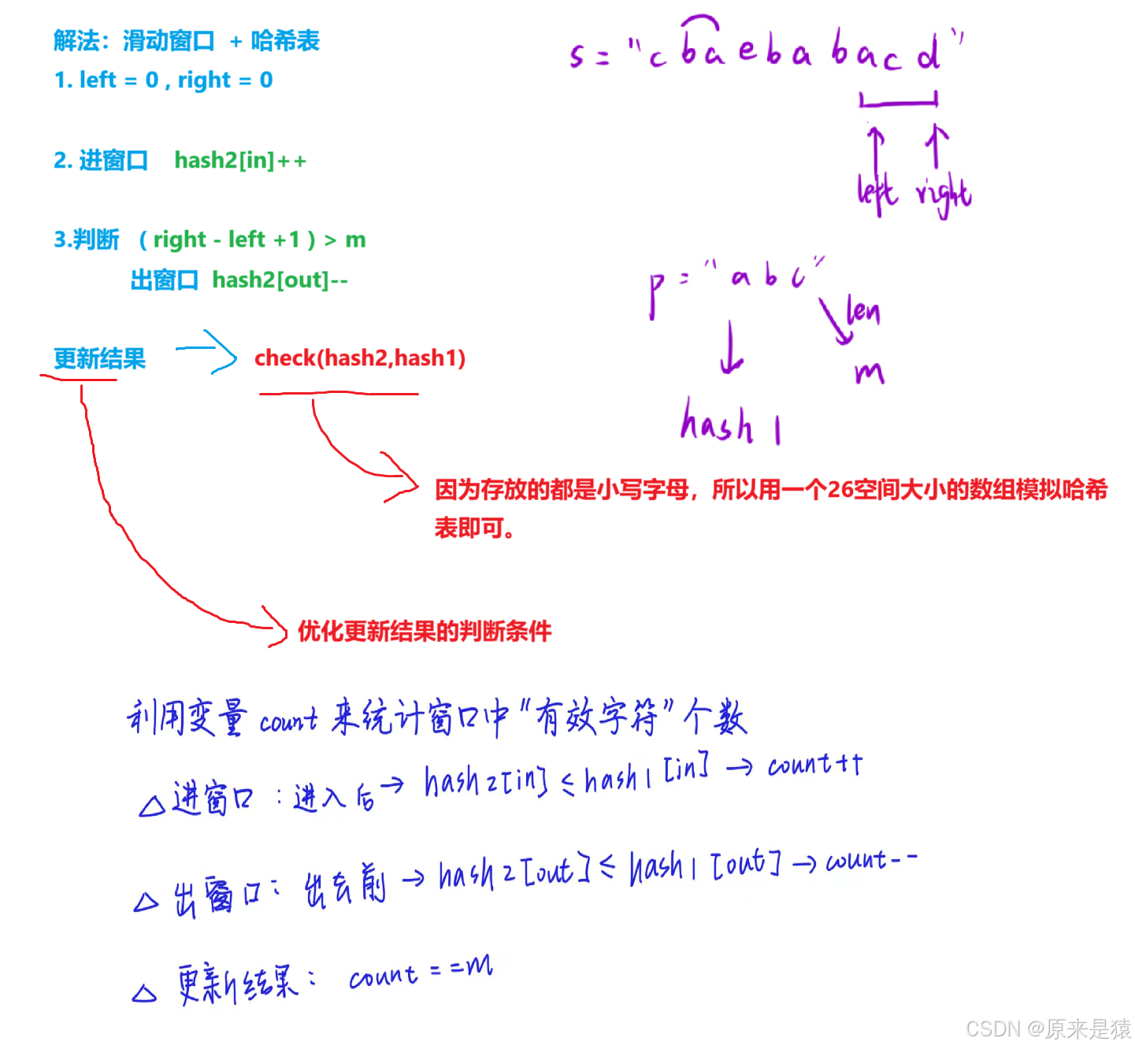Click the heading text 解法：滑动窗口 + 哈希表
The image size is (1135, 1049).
tap(187, 41)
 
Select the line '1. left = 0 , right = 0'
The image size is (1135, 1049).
tap(164, 80)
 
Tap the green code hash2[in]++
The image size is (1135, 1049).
tap(240, 161)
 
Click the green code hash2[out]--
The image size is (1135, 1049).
tap(280, 280)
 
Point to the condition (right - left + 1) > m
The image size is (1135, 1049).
tap(252, 239)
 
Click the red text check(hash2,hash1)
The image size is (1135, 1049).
tap(360, 358)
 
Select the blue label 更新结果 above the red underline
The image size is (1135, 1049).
tap(99, 359)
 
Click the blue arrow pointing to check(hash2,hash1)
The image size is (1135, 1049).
tap(206, 351)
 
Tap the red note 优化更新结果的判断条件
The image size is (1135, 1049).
tap(425, 631)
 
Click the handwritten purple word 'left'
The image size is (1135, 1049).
tap(876, 192)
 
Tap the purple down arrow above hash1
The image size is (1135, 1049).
tap(731, 347)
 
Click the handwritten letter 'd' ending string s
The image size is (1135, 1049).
tap(929, 54)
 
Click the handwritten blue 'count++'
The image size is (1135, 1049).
tap(815, 765)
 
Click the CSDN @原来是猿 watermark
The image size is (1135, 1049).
tap(1047, 1028)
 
